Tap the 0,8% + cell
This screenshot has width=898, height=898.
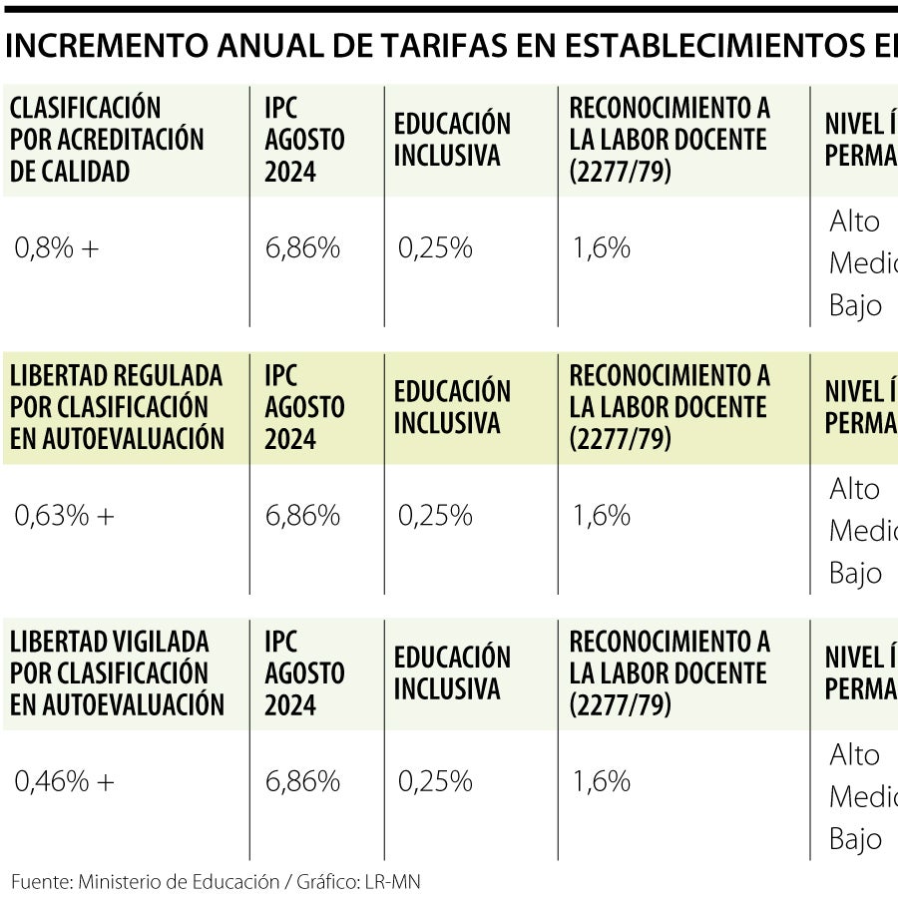click(x=57, y=248)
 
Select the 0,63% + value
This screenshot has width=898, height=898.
click(x=64, y=516)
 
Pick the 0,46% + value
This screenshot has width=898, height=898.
click(x=64, y=782)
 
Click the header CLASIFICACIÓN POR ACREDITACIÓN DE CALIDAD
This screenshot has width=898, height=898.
click(x=107, y=140)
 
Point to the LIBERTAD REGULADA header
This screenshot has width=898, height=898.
click(x=117, y=407)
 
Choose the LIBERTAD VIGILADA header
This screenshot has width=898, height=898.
click(x=117, y=673)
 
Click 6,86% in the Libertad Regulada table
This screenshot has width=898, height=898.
click(x=302, y=516)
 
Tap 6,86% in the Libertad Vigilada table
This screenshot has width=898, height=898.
click(x=302, y=782)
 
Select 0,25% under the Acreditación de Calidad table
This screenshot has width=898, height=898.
click(x=435, y=248)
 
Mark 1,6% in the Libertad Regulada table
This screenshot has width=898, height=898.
click(x=602, y=516)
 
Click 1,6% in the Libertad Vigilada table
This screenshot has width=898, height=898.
click(x=602, y=782)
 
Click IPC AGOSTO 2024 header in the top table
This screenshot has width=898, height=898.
click(x=304, y=140)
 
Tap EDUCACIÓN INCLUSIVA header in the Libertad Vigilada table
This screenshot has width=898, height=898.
click(x=452, y=673)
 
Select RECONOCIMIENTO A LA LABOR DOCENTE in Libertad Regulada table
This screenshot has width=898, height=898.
click(x=670, y=407)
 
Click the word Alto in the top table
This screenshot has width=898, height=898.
click(x=855, y=222)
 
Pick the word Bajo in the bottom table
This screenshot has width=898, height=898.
click(x=855, y=839)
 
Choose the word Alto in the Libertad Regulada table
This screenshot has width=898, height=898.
click(x=855, y=489)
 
